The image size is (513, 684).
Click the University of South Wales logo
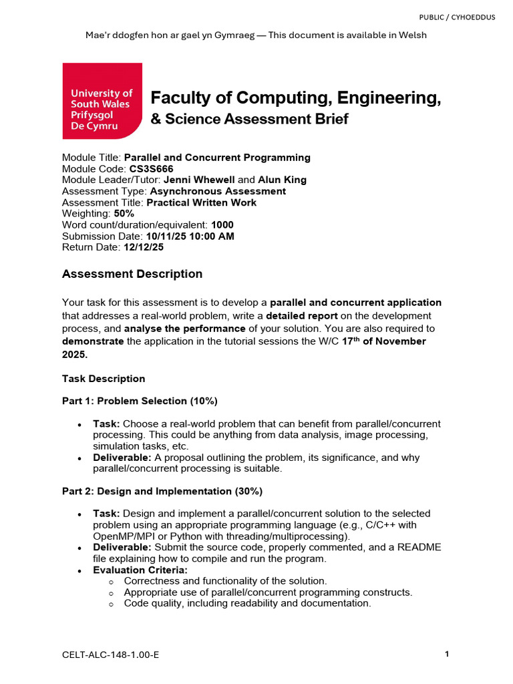[102, 101]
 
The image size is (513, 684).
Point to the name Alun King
[282, 180]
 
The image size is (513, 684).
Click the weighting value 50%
[124, 214]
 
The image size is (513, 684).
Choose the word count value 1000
[222, 225]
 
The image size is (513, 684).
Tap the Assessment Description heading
[132, 274]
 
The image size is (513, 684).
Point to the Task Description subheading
[104, 379]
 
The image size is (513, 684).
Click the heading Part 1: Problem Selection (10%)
[140, 401]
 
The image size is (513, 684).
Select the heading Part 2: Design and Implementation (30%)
[162, 491]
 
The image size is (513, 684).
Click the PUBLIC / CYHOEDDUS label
[457, 17]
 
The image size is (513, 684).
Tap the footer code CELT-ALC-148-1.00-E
[110, 655]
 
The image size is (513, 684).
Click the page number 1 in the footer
[446, 655]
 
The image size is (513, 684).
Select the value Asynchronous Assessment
[218, 192]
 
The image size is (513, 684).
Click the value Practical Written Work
[201, 202]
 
